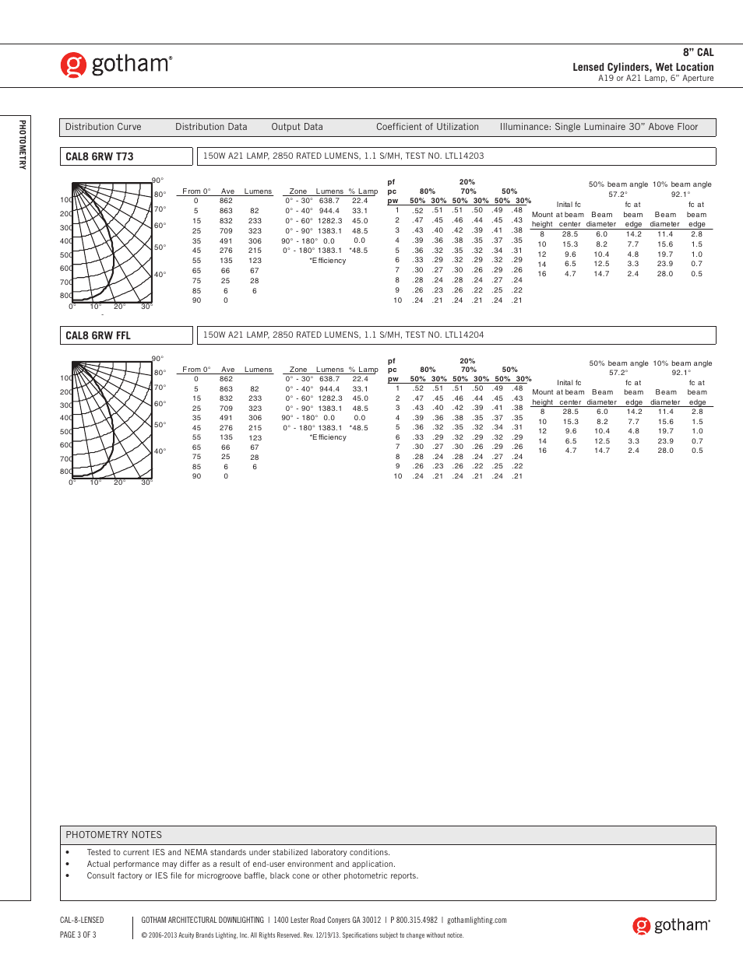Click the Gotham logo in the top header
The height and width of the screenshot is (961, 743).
pos(116,65)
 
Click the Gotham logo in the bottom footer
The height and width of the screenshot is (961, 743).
pos(671,925)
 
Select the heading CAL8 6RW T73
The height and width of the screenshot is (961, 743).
pos(100,156)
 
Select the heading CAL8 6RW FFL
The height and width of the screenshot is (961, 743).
pos(98,335)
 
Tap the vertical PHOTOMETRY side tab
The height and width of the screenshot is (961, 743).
pos(23,145)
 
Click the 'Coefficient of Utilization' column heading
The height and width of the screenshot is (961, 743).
pos(427,127)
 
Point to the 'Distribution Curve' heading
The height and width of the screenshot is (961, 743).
pos(103,127)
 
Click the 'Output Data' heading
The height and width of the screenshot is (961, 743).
pos(297,127)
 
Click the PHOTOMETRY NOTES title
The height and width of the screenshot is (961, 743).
pos(114,834)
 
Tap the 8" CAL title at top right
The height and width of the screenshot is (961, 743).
pos(698,52)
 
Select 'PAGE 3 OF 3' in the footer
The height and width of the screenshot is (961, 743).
pos(78,935)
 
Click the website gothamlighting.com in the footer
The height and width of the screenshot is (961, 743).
pos(477,920)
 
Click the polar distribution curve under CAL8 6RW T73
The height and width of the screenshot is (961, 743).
pos(111,244)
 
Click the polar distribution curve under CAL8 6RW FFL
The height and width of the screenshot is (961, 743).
pos(111,421)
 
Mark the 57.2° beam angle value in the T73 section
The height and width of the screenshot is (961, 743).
pos(618,195)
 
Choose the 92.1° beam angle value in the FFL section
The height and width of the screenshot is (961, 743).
pos(681,373)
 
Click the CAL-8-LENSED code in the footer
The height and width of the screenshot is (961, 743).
pos(82,920)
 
